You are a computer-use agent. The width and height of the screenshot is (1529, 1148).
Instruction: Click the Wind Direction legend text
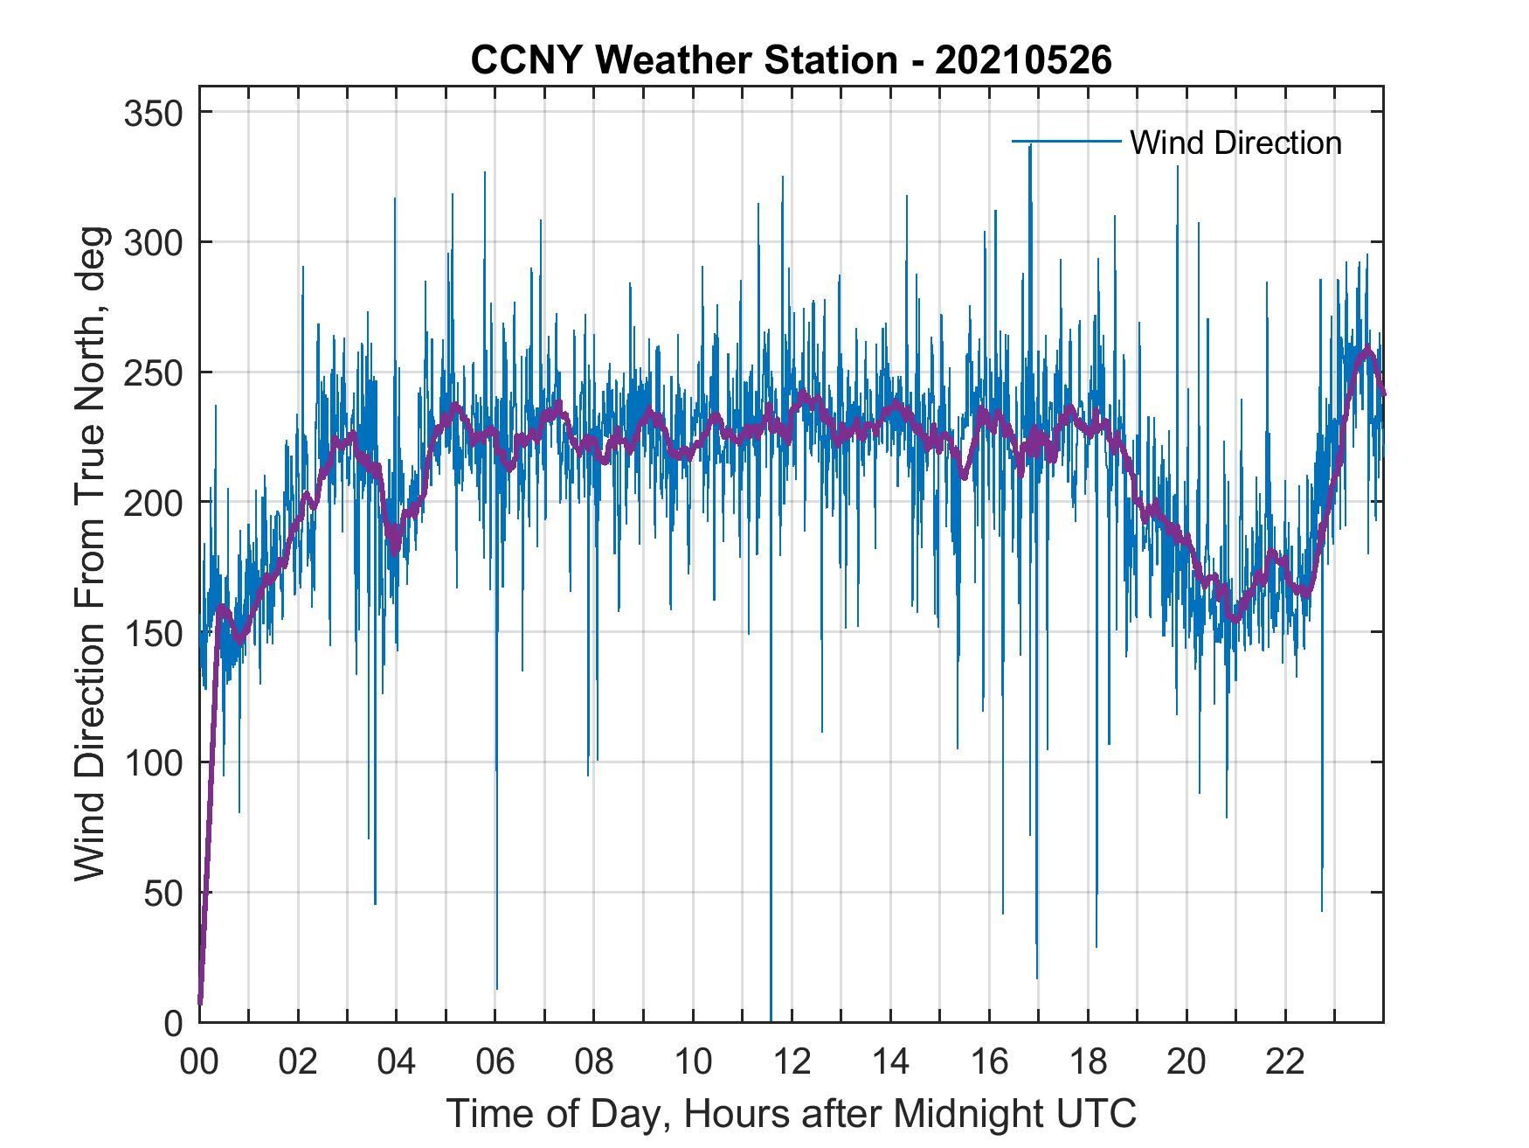(x=1235, y=143)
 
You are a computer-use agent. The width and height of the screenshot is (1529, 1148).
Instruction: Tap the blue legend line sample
(x=1066, y=142)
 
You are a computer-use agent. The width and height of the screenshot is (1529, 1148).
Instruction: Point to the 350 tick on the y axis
(x=155, y=113)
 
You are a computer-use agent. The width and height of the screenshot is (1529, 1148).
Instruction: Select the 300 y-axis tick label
(x=155, y=242)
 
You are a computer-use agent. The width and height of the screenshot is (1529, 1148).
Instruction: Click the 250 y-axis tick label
(x=155, y=372)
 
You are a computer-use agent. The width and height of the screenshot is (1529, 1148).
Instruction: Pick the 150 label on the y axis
(x=155, y=632)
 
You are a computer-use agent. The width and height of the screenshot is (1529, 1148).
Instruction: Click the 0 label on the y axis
(x=174, y=1022)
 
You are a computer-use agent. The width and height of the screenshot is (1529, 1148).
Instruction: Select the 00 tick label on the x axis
(x=199, y=1062)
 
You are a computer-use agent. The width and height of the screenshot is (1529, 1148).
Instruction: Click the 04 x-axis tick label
(x=397, y=1062)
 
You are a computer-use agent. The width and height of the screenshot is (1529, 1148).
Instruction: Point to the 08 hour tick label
(x=594, y=1062)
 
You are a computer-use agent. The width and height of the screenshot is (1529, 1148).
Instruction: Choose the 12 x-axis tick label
(x=792, y=1062)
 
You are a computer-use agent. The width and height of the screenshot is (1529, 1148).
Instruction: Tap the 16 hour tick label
(x=989, y=1062)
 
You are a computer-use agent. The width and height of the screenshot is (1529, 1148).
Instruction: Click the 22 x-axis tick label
(x=1285, y=1062)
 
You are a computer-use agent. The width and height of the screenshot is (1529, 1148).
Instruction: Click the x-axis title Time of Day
(x=791, y=1113)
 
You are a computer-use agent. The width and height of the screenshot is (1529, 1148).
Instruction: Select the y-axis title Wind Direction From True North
(x=90, y=553)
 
